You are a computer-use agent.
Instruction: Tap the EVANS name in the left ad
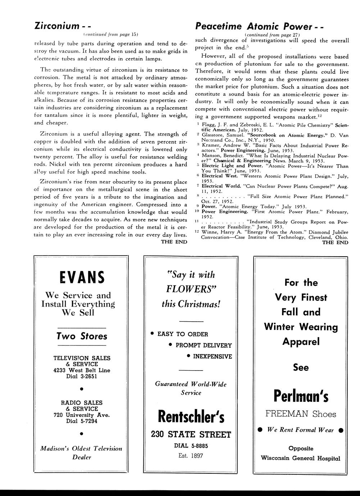(81, 277)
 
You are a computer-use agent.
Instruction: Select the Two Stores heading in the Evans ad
(82, 336)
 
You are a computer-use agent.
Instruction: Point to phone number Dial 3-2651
(82, 376)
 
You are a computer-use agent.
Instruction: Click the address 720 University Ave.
(82, 415)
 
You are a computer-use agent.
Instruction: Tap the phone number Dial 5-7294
(82, 421)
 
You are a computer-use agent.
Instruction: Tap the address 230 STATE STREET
(191, 435)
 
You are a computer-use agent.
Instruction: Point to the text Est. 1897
(191, 456)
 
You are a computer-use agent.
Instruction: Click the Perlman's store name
(301, 396)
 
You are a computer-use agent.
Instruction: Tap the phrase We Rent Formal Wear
(301, 430)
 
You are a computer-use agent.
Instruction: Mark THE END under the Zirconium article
(174, 242)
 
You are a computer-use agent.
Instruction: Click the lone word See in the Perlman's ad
(301, 367)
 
